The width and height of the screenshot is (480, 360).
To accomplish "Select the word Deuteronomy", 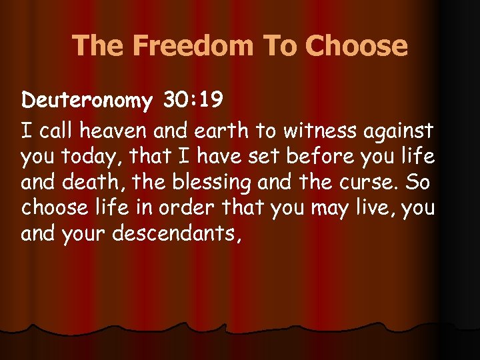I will tap(87, 101).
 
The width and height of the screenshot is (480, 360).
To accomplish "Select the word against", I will tap(399, 130).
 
